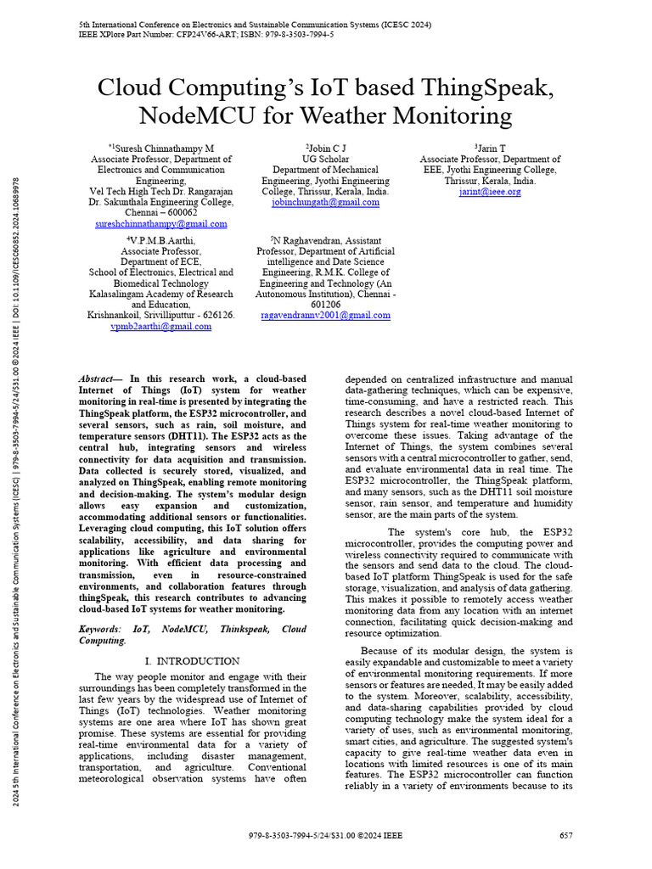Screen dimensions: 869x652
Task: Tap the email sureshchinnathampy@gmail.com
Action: (x=160, y=224)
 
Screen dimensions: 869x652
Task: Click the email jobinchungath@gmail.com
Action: (x=325, y=203)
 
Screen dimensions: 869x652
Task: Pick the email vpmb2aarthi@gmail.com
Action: (x=160, y=326)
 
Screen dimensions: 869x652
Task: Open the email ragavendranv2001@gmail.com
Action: (x=325, y=315)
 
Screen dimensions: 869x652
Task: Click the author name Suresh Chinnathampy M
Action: (x=162, y=148)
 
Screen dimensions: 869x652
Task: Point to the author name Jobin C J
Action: (x=326, y=148)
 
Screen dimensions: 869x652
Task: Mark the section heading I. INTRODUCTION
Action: (x=192, y=660)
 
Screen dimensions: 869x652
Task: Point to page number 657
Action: (x=566, y=836)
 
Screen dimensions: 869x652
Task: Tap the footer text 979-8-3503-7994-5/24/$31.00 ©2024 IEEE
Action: (x=326, y=836)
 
